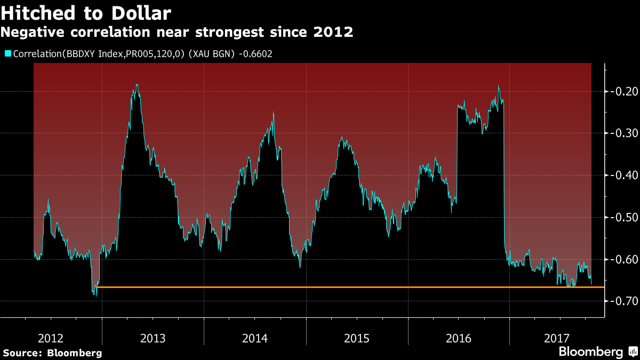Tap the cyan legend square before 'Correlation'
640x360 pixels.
pos(8,53)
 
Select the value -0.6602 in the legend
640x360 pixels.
pos(256,53)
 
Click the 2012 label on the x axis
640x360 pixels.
pos(51,338)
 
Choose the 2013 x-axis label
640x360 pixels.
pos(153,338)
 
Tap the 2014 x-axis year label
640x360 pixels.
pos(255,338)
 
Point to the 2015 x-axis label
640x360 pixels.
pos(357,338)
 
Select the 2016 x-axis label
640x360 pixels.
pos(459,338)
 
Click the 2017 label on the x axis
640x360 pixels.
pos(557,338)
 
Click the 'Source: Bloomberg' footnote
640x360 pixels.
pos(52,353)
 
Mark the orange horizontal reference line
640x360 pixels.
pos(347,287)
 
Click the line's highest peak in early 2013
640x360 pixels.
pos(137,85)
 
